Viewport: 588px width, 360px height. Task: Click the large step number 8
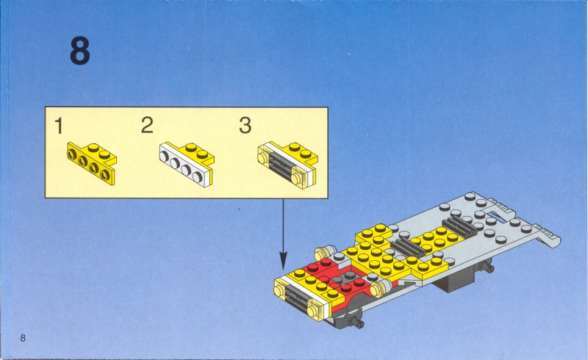click(x=80, y=51)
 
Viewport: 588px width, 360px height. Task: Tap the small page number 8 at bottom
click(x=23, y=338)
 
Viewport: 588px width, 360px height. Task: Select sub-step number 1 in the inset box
click(x=59, y=126)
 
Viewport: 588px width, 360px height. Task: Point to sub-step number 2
click(x=147, y=125)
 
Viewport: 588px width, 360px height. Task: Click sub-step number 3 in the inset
click(x=245, y=125)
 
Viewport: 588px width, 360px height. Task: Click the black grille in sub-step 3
click(x=281, y=167)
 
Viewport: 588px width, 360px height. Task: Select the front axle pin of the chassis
click(x=356, y=322)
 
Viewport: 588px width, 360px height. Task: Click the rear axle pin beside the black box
click(x=487, y=267)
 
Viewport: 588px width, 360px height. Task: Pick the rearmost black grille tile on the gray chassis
click(x=460, y=226)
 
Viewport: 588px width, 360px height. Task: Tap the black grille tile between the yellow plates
click(x=408, y=248)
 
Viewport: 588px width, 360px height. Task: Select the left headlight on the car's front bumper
click(x=280, y=291)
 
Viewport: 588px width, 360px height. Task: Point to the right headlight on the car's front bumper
click(x=315, y=311)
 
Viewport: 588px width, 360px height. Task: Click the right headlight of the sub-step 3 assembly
click(x=299, y=177)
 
